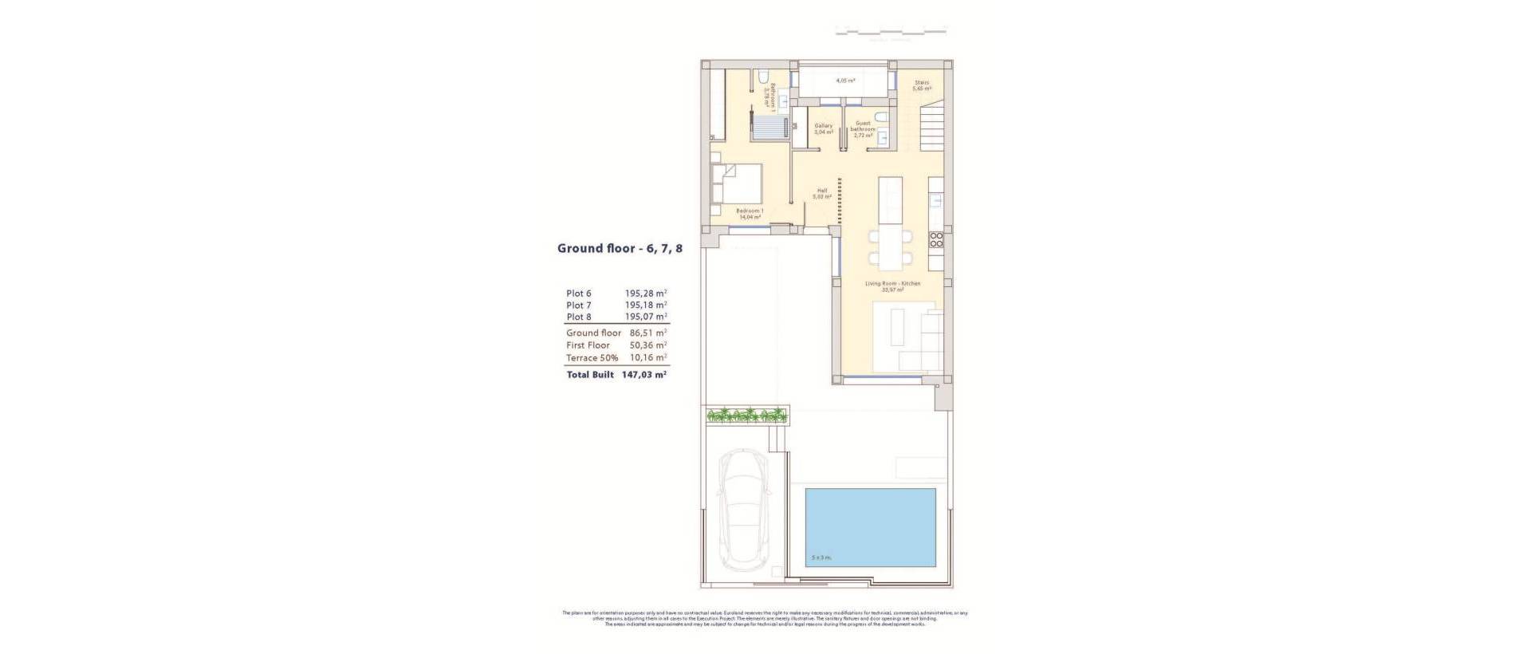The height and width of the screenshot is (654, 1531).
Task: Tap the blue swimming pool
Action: (x=870, y=528)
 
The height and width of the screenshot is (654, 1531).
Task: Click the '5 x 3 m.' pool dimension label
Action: (x=821, y=557)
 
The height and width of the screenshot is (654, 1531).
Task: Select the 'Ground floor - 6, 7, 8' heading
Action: (x=620, y=248)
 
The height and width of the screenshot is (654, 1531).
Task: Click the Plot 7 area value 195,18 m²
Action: (x=646, y=305)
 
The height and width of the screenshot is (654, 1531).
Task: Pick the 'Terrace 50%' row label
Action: (x=592, y=358)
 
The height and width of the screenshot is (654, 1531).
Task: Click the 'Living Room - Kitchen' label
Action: (x=893, y=284)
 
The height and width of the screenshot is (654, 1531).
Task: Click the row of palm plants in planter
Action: (x=747, y=414)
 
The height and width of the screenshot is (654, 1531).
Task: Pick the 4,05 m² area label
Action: (x=845, y=81)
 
